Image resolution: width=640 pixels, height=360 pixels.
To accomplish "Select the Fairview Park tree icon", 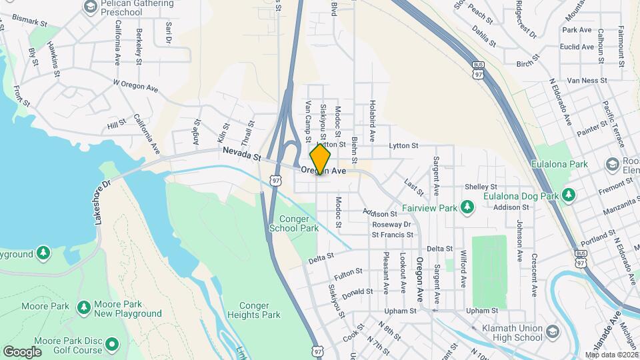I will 467,208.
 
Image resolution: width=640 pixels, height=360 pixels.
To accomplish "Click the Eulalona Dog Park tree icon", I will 568,195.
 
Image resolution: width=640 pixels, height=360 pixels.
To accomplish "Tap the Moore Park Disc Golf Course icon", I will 112,345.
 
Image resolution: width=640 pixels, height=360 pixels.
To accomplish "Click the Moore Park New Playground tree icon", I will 84,307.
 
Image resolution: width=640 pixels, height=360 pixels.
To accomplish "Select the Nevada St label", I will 241,155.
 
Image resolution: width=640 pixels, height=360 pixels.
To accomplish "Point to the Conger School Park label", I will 294,223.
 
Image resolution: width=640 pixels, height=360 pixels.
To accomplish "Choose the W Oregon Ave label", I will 135,85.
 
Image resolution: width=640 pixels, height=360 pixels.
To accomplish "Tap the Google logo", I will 22,351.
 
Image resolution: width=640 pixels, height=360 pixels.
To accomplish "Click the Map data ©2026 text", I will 611,355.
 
